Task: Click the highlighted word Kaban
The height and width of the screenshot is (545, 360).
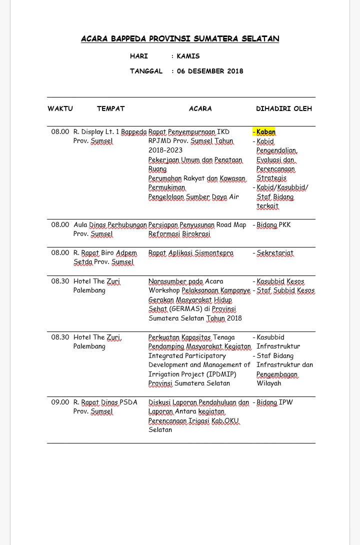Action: point(265,132)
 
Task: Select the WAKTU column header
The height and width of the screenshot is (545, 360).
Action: point(60,108)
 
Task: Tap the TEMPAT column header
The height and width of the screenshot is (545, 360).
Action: point(110,108)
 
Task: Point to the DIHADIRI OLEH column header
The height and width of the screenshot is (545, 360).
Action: point(284,108)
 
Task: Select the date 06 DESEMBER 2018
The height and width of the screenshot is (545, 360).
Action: point(210,71)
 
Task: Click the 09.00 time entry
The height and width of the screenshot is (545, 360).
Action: point(60,402)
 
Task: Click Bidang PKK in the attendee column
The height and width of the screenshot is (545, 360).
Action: point(273,225)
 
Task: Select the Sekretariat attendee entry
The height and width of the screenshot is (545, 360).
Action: point(275,253)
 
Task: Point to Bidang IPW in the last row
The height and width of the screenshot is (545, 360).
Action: point(274,402)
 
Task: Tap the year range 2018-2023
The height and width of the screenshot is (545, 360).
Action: point(165,150)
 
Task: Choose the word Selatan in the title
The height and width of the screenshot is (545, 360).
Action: point(260,38)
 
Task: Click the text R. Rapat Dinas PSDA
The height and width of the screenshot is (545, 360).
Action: point(105,402)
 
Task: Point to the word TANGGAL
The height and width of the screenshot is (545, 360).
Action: point(146,71)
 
